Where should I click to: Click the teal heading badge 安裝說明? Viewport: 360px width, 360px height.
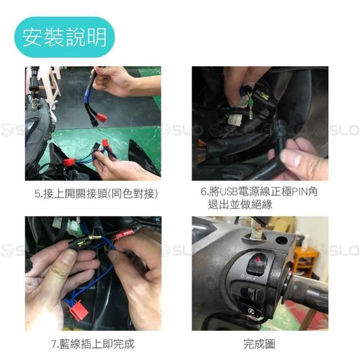click(65, 37)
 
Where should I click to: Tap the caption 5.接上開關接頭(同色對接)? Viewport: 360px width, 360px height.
click(96, 193)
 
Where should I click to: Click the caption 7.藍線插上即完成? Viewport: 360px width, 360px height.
click(93, 344)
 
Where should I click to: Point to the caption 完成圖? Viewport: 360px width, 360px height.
click(259, 344)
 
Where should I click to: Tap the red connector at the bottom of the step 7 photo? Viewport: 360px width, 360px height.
click(79, 310)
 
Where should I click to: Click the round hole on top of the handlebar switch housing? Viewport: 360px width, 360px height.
click(281, 240)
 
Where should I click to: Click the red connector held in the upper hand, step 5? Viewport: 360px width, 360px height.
click(101, 118)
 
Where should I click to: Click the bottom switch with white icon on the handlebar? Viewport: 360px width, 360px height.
click(251, 310)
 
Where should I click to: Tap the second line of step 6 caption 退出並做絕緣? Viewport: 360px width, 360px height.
click(240, 204)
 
